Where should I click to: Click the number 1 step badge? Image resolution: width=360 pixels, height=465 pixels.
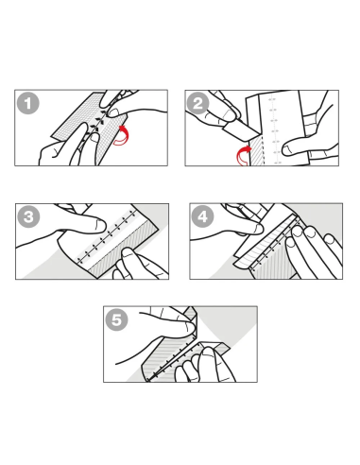point(28,103)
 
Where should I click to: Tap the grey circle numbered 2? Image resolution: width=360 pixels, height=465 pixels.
point(197,103)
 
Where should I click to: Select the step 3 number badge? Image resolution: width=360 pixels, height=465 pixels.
point(28,216)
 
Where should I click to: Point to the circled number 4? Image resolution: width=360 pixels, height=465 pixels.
point(203,216)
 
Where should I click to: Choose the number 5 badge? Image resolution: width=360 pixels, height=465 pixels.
point(117,319)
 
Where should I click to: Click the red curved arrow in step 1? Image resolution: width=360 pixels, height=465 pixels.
point(121,135)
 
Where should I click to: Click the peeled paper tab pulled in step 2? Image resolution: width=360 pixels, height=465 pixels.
point(240,131)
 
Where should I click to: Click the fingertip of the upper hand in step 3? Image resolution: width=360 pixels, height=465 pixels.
point(101,225)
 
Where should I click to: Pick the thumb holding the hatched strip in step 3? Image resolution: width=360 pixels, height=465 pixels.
point(128,258)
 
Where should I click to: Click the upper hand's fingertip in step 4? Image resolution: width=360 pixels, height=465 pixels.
point(259,229)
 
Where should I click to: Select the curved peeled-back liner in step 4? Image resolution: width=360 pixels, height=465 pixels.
point(252,246)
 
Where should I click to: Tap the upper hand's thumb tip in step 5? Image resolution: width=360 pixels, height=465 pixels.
point(191,328)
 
